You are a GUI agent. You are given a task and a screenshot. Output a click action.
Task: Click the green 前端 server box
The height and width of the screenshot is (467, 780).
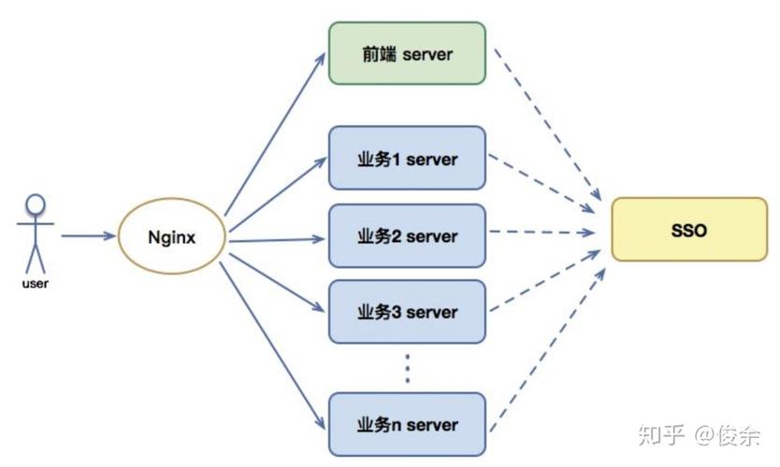407,53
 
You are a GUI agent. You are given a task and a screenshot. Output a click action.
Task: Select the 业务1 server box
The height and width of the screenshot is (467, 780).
407,158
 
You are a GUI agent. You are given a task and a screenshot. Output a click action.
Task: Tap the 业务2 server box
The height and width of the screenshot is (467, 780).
407,235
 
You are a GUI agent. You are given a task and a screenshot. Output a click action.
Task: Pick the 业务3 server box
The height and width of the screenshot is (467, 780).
407,311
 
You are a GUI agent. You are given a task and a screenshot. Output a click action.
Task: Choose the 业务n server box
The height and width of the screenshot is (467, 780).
407,424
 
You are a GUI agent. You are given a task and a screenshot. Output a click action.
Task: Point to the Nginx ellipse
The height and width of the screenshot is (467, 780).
171,237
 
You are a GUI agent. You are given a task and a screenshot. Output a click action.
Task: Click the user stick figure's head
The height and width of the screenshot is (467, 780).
36,204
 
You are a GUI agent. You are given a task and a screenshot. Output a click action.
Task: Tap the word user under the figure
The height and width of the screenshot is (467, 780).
35,282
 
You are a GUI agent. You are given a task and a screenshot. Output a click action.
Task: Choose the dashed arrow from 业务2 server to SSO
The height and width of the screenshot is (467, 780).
542,232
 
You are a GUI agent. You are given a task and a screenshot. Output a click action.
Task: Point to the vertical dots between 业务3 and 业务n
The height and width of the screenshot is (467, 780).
408,369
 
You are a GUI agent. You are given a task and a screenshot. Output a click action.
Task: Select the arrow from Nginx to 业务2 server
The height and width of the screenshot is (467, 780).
276,239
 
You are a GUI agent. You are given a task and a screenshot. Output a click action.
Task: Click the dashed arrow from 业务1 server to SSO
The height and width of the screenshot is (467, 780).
542,181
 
